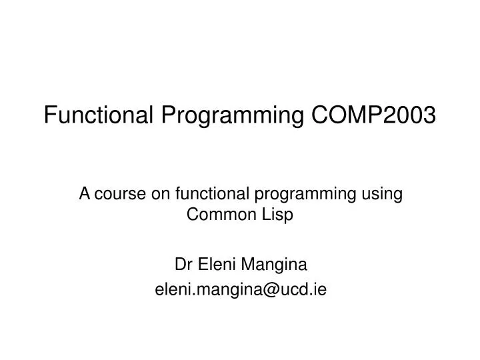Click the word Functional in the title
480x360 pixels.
pos(100,115)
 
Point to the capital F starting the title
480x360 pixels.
pos(49,115)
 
